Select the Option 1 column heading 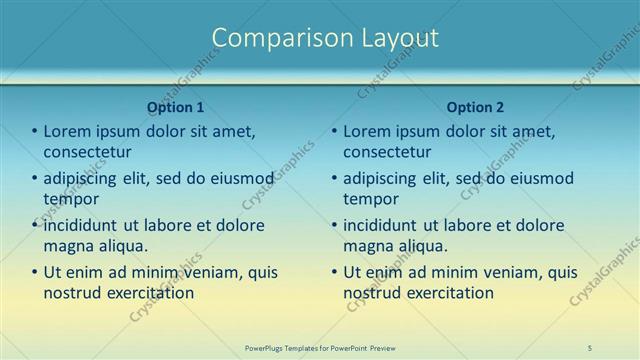point(175,107)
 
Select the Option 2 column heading point(475,107)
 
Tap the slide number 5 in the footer point(590,347)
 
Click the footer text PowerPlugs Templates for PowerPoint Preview point(320,347)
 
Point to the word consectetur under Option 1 point(88,152)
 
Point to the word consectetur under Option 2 point(388,152)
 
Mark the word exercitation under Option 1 point(151,293)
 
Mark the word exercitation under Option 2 point(451,293)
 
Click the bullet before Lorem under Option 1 point(34,132)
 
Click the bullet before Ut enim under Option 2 point(334,272)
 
